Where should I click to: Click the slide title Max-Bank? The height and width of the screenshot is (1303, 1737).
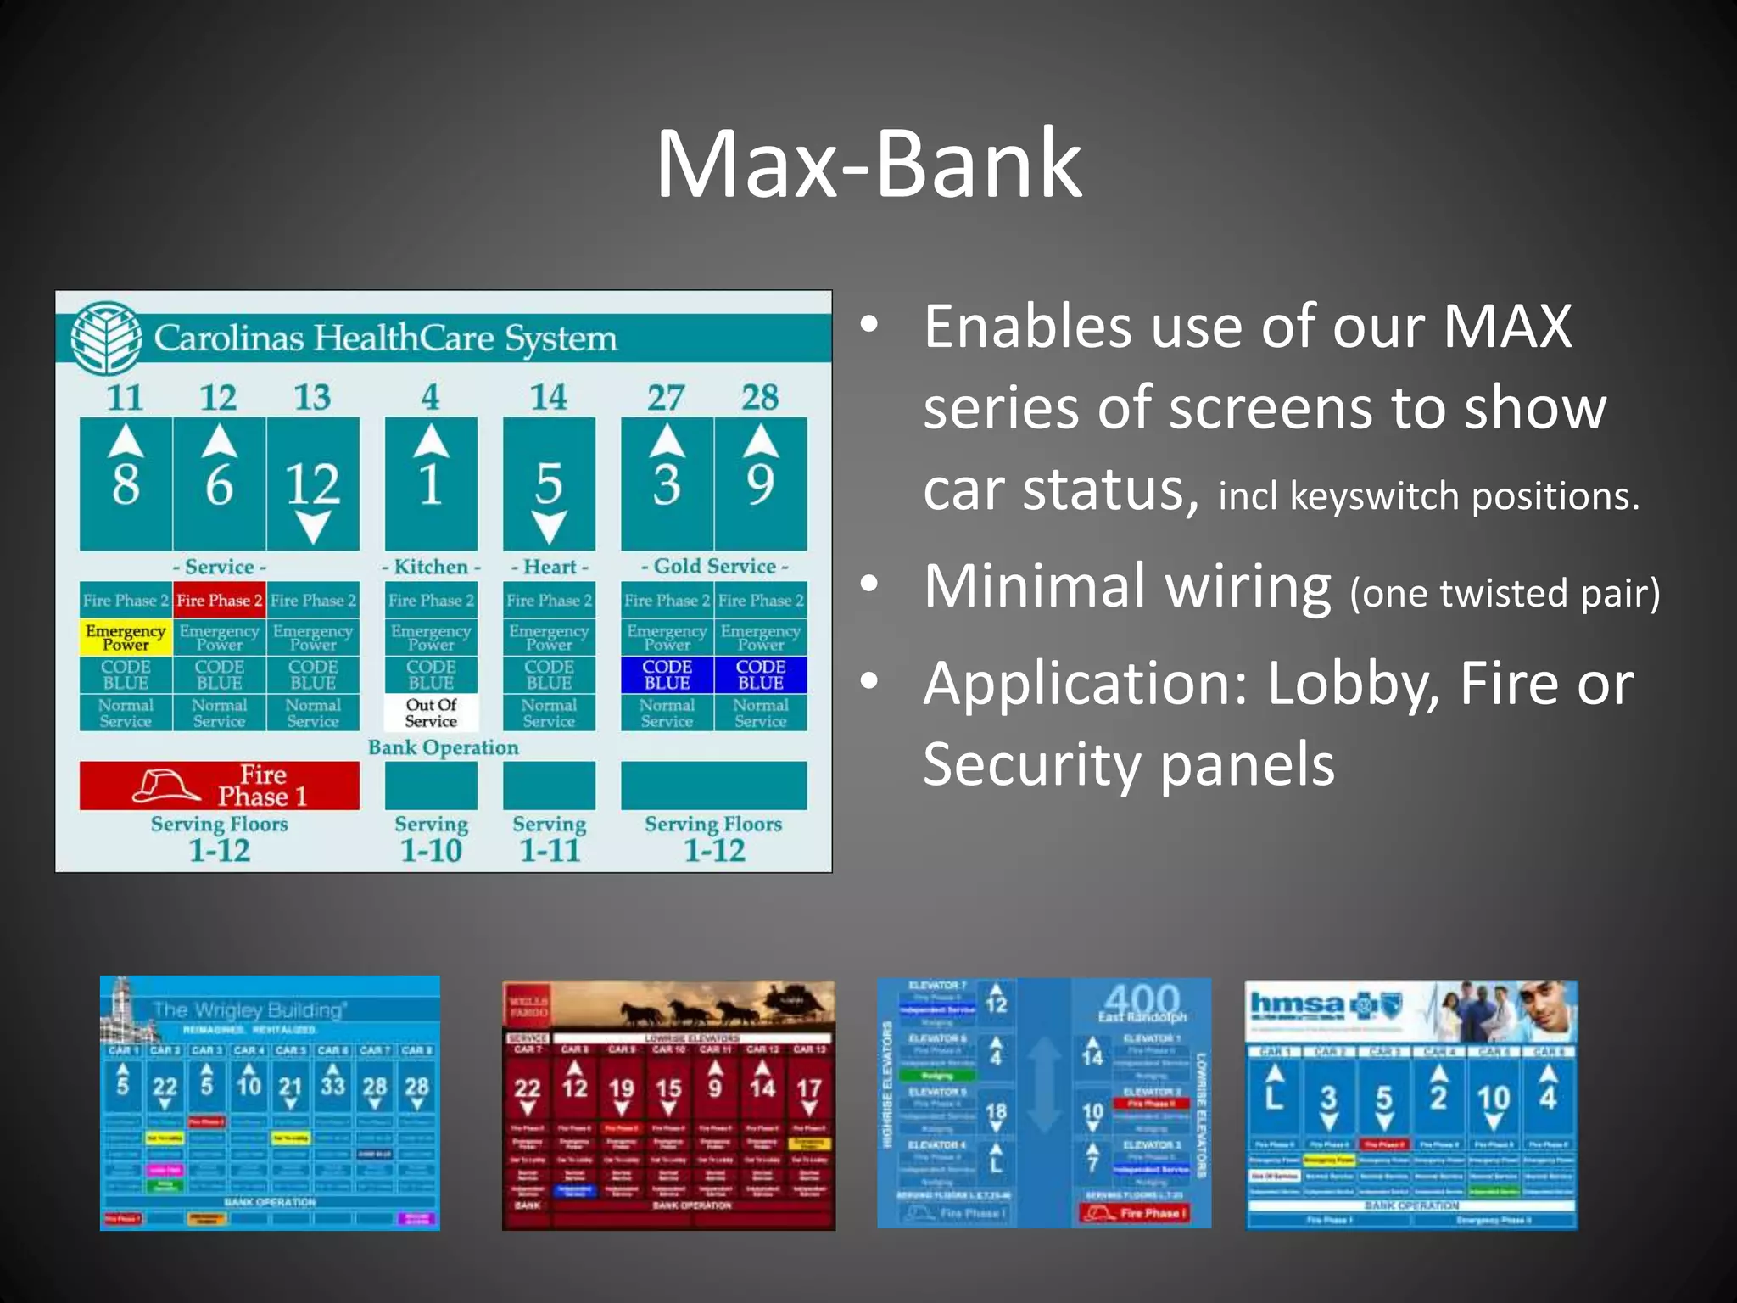click(868, 163)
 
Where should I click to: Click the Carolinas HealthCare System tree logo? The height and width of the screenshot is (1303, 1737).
click(107, 338)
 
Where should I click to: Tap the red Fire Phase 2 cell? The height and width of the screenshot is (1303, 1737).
click(219, 601)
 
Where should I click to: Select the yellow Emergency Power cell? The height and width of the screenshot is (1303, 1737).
click(126, 637)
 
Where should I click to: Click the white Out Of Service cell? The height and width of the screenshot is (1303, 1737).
click(431, 713)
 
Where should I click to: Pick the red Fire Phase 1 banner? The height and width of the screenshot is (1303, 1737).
click(219, 786)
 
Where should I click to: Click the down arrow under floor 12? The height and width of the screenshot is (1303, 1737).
click(313, 527)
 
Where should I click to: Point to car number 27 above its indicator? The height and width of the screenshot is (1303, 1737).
click(666, 397)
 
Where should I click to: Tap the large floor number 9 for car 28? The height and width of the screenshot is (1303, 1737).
click(760, 484)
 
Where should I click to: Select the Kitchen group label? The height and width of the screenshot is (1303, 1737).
click(431, 566)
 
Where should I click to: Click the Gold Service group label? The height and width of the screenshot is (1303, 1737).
click(714, 566)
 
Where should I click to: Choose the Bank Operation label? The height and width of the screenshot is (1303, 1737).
click(443, 747)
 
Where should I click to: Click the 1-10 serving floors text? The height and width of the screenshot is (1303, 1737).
click(431, 850)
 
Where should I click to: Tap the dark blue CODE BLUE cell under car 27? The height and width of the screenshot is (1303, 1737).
click(667, 674)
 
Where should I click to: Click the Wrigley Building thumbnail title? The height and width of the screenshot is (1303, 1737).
click(248, 1010)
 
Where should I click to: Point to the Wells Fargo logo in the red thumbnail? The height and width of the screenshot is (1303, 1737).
click(528, 1007)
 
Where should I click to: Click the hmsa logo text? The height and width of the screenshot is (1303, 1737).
click(1297, 1004)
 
